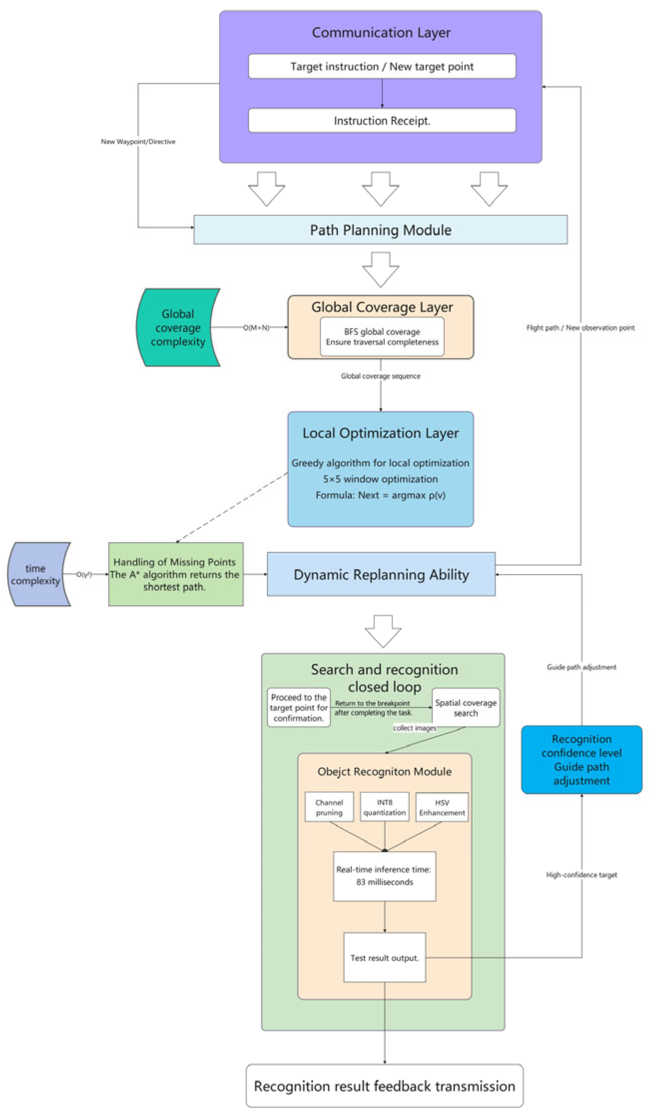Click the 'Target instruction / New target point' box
(382, 66)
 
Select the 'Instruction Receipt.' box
(382, 121)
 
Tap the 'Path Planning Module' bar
(380, 230)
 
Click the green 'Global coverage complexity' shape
(178, 328)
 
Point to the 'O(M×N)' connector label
(256, 328)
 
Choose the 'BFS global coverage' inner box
(382, 337)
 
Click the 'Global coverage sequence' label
(380, 376)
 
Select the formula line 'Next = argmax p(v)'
(380, 495)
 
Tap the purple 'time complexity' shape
(36, 574)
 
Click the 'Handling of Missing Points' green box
(176, 574)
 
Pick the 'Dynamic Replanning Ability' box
(381, 574)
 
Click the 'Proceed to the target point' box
(299, 708)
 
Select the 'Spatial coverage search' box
(465, 708)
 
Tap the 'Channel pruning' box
(329, 807)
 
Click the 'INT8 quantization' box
(384, 807)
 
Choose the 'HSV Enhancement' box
(442, 807)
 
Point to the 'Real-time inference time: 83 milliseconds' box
(384, 876)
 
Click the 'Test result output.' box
(384, 957)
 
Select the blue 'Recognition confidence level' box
(582, 759)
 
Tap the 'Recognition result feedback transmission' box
(384, 1086)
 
